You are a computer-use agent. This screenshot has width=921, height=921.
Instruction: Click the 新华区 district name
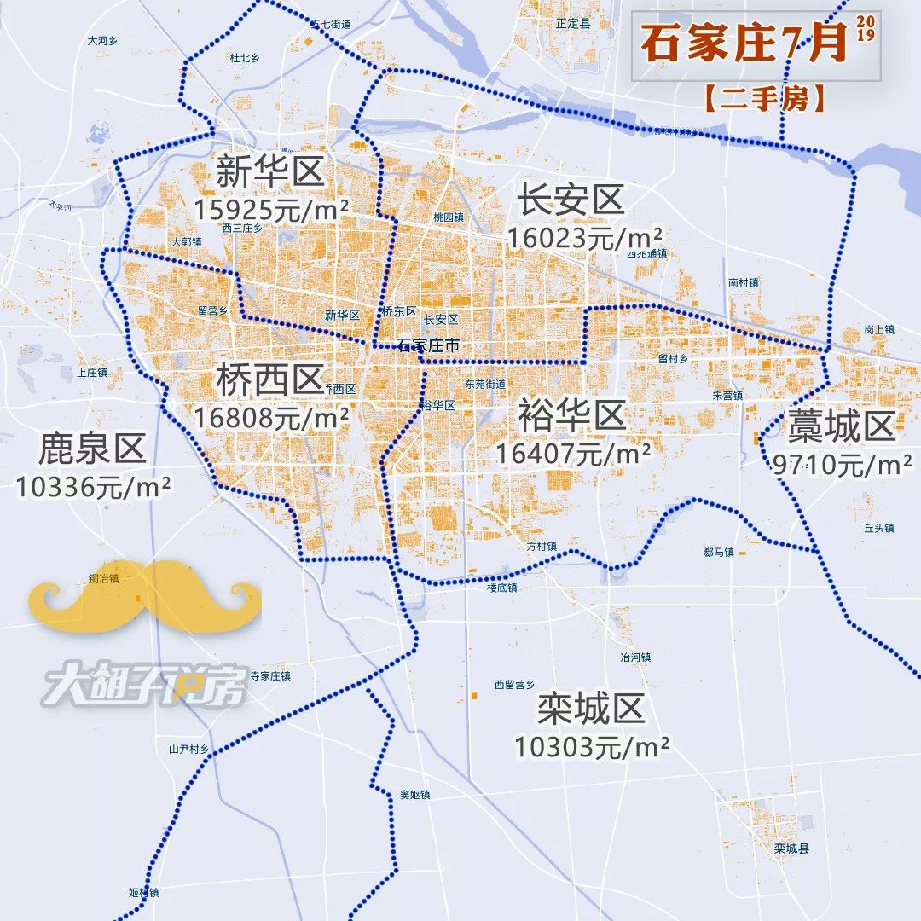pyautogui.click(x=269, y=171)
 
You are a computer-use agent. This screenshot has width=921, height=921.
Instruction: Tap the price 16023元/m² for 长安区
pyautogui.click(x=584, y=237)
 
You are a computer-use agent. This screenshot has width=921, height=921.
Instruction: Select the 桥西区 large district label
pyautogui.click(x=269, y=380)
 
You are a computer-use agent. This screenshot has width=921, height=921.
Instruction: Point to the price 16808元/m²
pyautogui.click(x=271, y=418)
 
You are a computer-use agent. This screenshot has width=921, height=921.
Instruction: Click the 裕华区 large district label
pyautogui.click(x=571, y=417)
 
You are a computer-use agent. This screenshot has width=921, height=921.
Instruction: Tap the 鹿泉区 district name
pyautogui.click(x=92, y=448)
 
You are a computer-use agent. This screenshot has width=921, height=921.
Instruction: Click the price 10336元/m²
pyautogui.click(x=94, y=486)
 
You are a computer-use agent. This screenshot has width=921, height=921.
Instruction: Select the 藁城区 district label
pyautogui.click(x=840, y=426)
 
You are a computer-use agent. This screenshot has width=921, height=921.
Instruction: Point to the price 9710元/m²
pyautogui.click(x=843, y=465)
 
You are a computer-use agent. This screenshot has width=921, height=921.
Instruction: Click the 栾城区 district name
pyautogui.click(x=590, y=709)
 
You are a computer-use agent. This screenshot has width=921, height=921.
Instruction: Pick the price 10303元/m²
pyautogui.click(x=591, y=747)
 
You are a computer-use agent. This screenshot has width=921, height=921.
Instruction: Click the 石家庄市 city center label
pyautogui.click(x=428, y=345)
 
